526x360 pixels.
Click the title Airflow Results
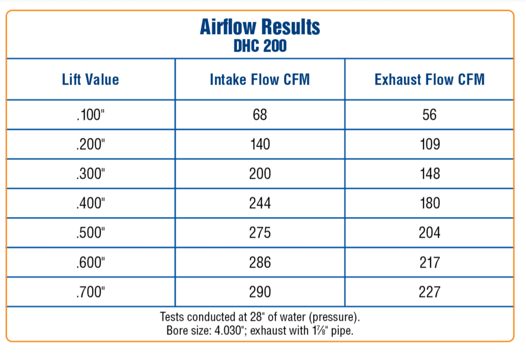(x=260, y=27)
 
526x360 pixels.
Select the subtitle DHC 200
(x=260, y=46)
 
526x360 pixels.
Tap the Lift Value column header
(x=91, y=80)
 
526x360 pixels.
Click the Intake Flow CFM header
(x=259, y=80)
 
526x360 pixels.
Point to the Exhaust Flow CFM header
(x=430, y=80)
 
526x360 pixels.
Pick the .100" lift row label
(x=91, y=115)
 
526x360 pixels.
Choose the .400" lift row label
(x=91, y=203)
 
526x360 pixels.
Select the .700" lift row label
(x=91, y=292)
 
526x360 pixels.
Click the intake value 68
(x=260, y=115)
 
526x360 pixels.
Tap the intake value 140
(x=260, y=144)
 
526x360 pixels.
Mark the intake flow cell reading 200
(x=260, y=174)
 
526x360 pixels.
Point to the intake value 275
(x=260, y=233)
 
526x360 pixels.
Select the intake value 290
(x=260, y=292)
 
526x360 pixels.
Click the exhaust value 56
(x=430, y=115)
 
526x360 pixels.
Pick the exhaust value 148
(x=430, y=174)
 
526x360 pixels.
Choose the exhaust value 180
(x=430, y=203)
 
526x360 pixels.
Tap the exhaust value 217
(x=430, y=262)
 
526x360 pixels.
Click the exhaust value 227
(x=430, y=292)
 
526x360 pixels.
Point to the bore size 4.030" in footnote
(x=229, y=331)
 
